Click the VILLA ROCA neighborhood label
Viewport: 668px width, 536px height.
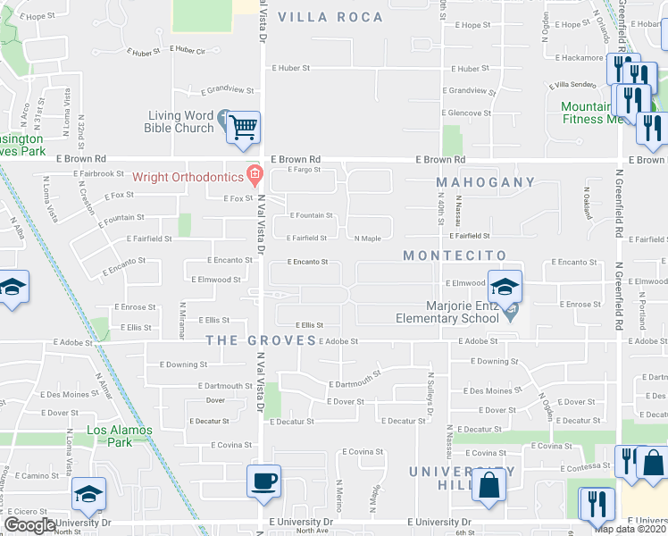click(x=330, y=17)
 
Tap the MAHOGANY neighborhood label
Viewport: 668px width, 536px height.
click(x=486, y=182)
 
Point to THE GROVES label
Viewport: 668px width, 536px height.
click(x=261, y=340)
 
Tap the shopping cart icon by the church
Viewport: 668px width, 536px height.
click(x=243, y=128)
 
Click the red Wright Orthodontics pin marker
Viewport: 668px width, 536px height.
click(x=255, y=173)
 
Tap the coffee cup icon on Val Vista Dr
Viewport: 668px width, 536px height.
click(x=264, y=482)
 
